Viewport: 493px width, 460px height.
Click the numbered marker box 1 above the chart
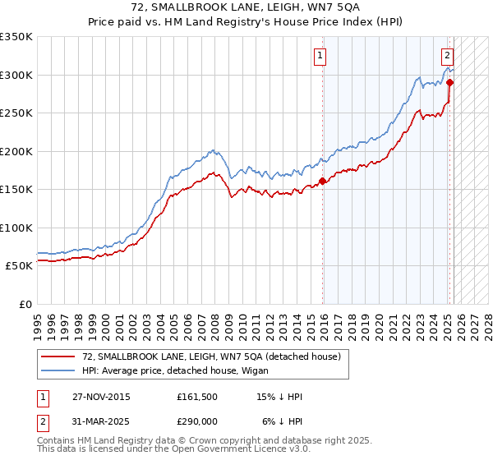point(319,56)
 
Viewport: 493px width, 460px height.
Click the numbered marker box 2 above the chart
point(447,56)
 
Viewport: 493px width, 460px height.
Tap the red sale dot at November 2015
point(323,182)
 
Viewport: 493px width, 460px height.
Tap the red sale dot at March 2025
point(450,83)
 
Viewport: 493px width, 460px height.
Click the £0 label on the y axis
point(25,304)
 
